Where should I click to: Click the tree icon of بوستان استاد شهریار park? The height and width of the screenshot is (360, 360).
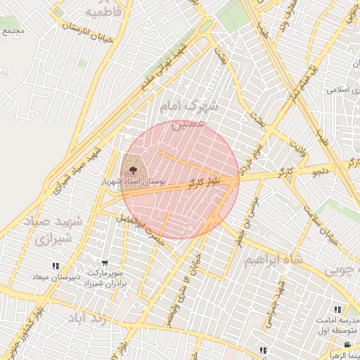130,169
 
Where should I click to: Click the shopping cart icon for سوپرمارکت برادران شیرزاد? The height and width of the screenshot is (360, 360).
105,264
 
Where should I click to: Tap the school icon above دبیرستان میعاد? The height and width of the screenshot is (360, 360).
55,266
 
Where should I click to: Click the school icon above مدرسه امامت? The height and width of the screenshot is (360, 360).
338,309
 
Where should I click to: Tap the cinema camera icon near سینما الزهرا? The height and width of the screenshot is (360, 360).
347,345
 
